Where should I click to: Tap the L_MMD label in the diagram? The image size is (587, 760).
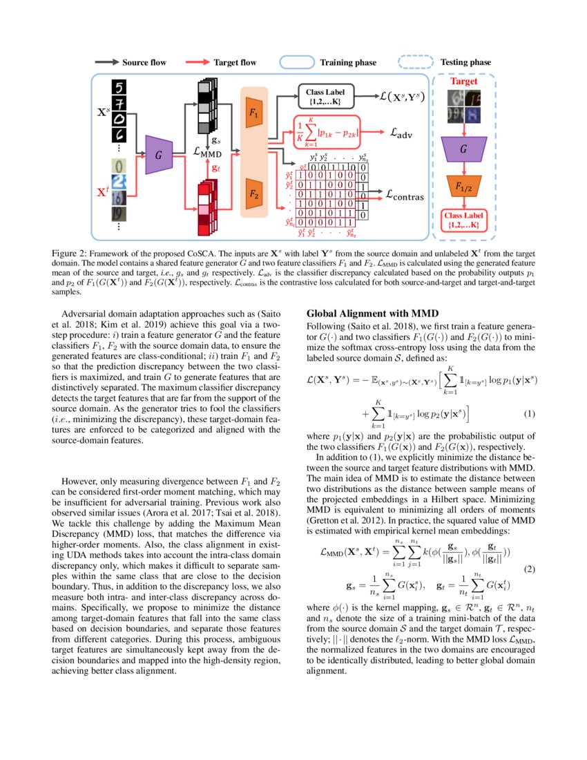(x=207, y=151)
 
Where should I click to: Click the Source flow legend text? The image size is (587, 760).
(x=144, y=62)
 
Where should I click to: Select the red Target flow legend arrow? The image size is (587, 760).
(x=198, y=62)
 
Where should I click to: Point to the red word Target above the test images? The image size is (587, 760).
(x=464, y=82)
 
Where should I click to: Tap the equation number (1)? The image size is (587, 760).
(x=529, y=413)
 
